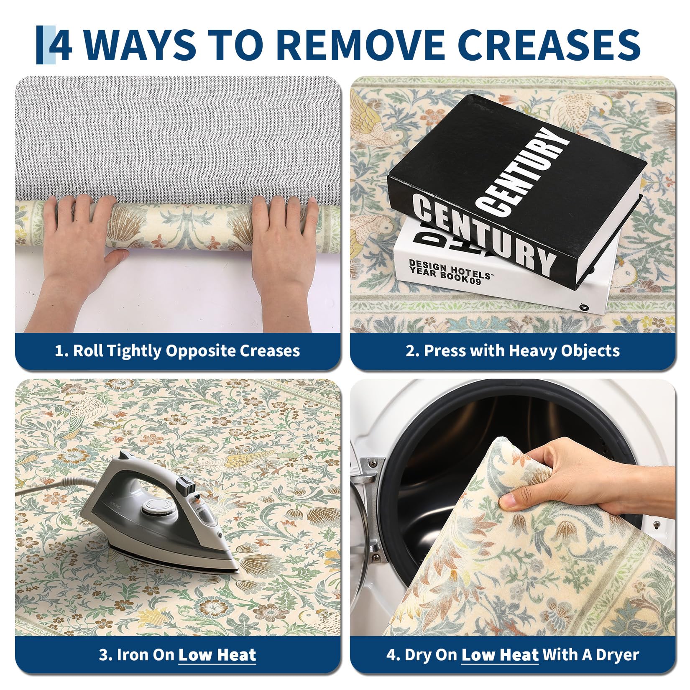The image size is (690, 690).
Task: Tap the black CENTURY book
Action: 516,188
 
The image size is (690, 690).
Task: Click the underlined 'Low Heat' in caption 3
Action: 217,654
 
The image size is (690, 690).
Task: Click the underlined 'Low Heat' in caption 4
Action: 500,654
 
